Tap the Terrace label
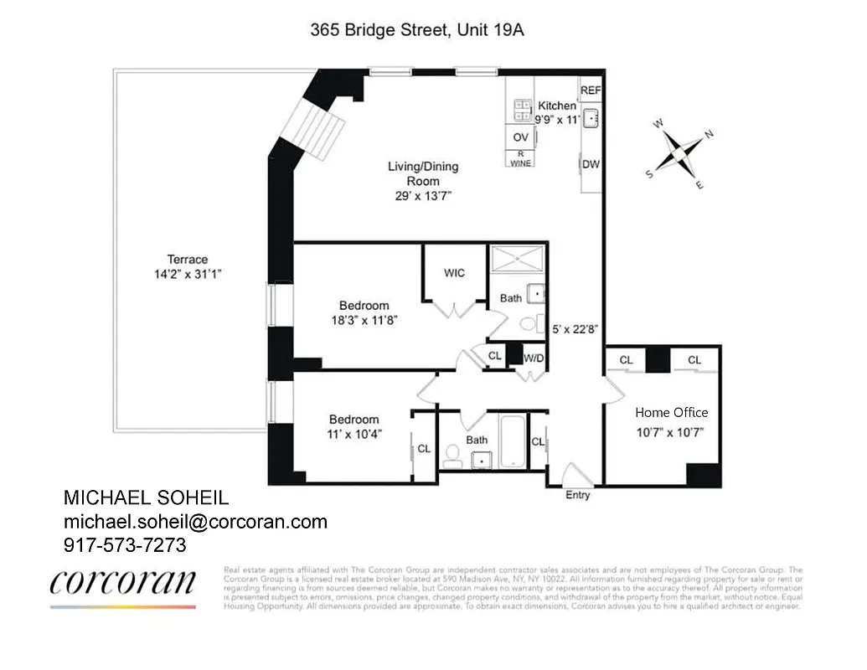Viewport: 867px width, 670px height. point(187,260)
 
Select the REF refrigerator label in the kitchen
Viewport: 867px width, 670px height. point(591,90)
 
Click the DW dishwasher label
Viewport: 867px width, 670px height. point(591,164)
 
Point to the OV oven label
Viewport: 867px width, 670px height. point(520,137)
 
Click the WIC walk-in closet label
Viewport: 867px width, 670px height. point(454,273)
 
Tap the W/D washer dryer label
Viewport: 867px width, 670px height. point(534,358)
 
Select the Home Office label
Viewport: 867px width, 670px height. point(671,412)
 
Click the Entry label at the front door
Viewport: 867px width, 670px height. point(577,495)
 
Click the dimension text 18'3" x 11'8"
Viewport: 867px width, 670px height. point(364,319)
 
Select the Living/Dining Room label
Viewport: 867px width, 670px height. point(422,173)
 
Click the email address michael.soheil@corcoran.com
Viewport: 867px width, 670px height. point(195,522)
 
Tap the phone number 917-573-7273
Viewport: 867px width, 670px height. point(125,544)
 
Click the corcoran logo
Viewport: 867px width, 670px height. point(123,584)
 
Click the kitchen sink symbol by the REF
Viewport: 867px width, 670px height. point(591,118)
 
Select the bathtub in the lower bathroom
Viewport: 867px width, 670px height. point(512,441)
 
